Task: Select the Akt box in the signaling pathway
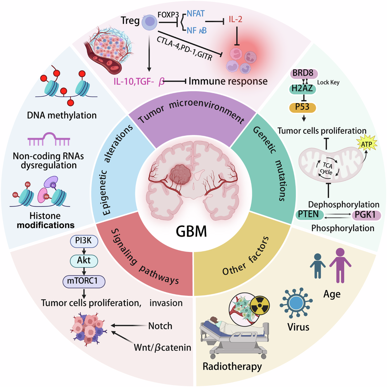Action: click(x=84, y=261)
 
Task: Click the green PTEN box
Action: click(x=309, y=215)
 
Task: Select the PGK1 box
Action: click(x=366, y=215)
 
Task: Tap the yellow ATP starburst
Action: click(x=366, y=144)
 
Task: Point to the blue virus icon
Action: click(x=296, y=303)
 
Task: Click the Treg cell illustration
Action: click(x=149, y=22)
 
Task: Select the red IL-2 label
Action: click(x=235, y=19)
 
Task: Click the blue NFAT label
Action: click(x=196, y=14)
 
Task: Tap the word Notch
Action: click(x=160, y=326)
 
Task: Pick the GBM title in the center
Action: click(x=191, y=232)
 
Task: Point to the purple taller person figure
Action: click(x=340, y=266)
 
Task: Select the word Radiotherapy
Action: click(x=232, y=367)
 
